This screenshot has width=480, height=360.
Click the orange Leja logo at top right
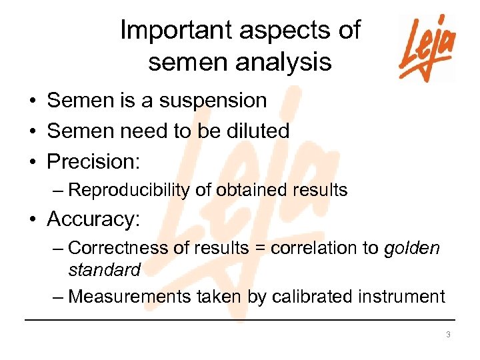point(427,48)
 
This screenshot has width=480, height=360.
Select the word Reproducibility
point(129,191)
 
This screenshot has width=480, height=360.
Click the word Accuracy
point(91,219)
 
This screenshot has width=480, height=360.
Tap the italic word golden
point(412,248)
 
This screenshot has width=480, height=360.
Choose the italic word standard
point(105,270)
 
